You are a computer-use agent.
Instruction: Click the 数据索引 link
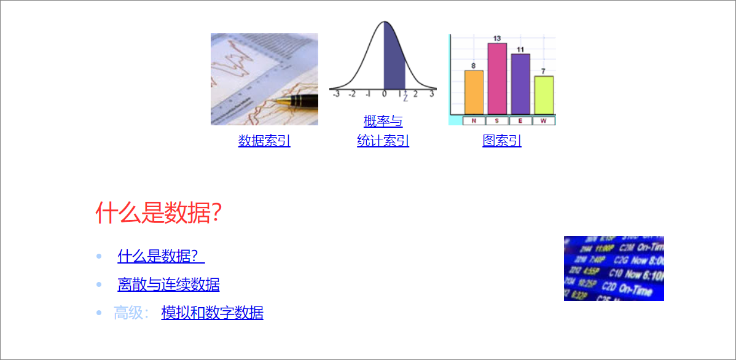coord(264,141)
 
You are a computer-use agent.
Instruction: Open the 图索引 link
coord(502,141)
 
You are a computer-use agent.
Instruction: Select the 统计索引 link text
coord(383,141)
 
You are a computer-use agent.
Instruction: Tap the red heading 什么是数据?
coord(159,213)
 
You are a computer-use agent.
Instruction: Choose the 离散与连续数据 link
coord(168,284)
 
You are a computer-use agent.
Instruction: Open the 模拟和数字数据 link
coord(212,313)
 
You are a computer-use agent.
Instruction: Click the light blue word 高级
coord(128,313)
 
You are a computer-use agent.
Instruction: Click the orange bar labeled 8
coord(474,92)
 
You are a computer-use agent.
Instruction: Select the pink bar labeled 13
coord(497,79)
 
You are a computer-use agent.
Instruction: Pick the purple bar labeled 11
coord(520,84)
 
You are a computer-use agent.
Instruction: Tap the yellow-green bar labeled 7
coord(544,95)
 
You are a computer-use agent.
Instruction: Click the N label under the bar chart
coord(474,120)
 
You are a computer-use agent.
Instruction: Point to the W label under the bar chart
coord(544,120)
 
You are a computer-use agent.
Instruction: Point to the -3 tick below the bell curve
coord(336,94)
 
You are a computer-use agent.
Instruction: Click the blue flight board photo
coord(614,268)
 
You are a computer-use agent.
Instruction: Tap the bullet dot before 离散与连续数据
coord(99,284)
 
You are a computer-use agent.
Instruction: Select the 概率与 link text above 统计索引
coord(383,121)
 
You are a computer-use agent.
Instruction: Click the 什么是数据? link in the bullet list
coord(161,256)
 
